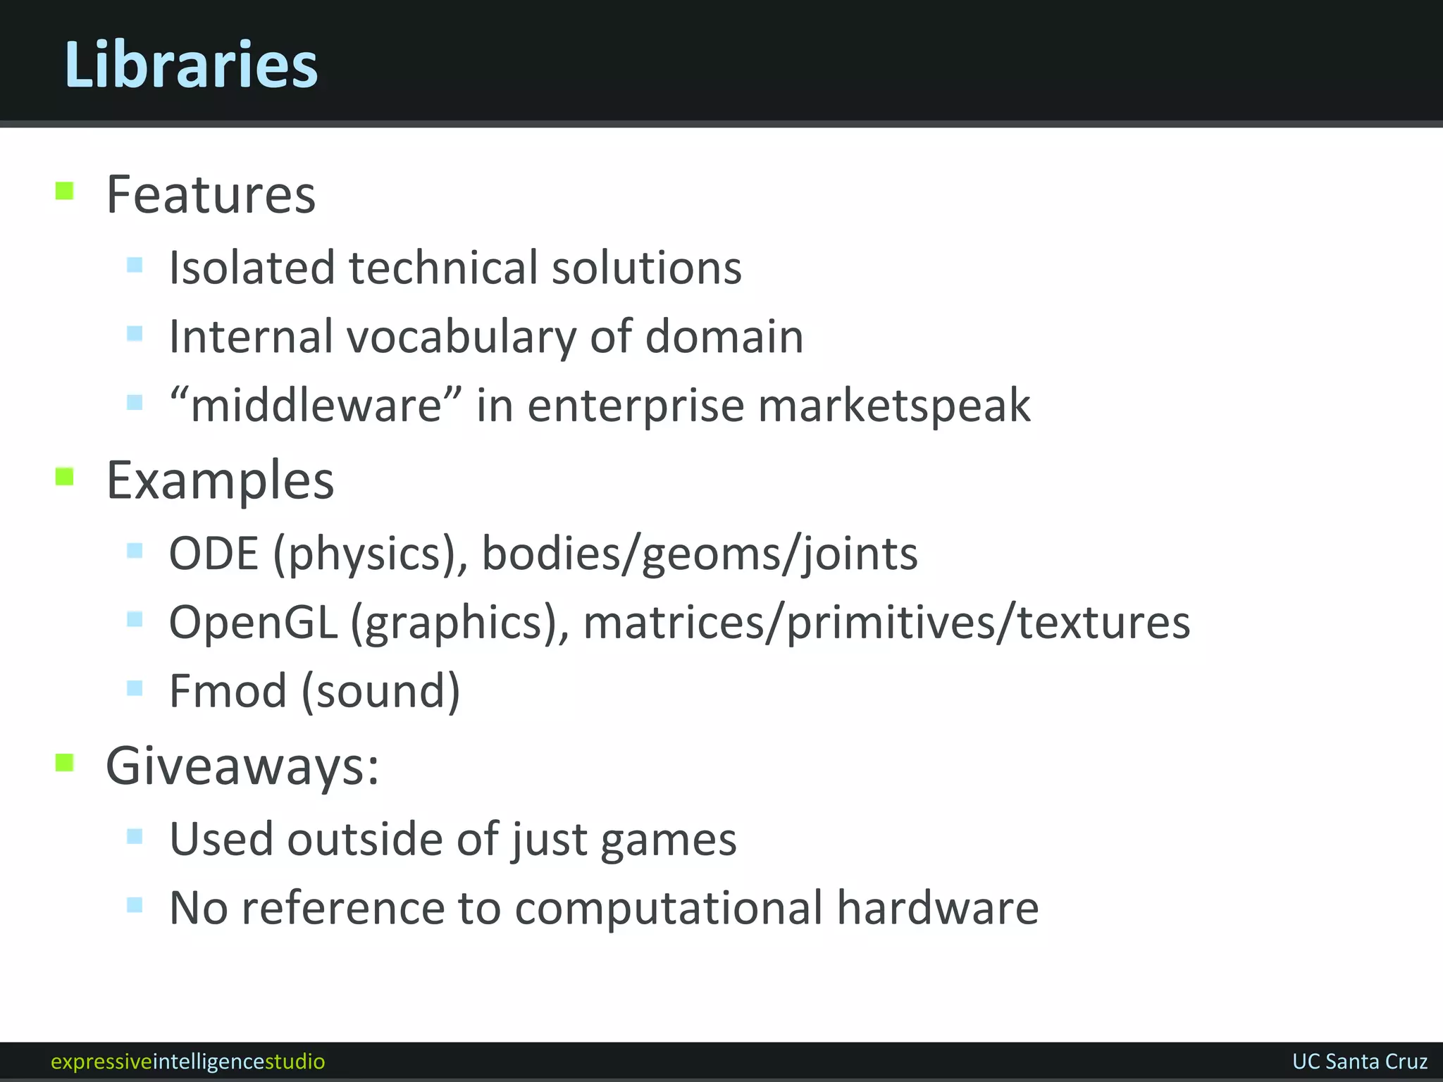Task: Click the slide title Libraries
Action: [191, 64]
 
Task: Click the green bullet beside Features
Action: [65, 191]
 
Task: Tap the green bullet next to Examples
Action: [65, 477]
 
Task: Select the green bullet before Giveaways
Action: [65, 762]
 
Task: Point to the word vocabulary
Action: [462, 337]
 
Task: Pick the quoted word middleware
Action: [316, 405]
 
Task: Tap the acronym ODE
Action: [213, 554]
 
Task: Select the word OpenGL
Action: [253, 623]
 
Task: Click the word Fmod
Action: [228, 691]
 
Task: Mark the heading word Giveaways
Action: [242, 766]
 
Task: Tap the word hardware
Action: [937, 908]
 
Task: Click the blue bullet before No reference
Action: [135, 904]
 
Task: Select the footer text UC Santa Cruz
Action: [1359, 1062]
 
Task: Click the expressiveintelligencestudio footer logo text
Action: [188, 1062]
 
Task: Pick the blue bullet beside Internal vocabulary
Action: [135, 333]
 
